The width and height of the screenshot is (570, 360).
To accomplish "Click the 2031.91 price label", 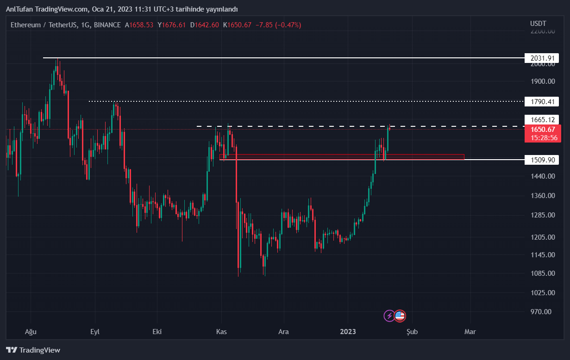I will pos(542,58).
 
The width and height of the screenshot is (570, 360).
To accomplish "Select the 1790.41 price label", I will pos(542,101).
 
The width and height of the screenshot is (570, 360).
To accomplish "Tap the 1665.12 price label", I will pos(542,119).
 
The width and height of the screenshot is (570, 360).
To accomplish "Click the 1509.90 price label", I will pos(542,160).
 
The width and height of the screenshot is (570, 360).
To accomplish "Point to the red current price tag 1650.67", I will pos(542,133).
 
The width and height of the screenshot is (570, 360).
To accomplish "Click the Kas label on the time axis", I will pos(221,332).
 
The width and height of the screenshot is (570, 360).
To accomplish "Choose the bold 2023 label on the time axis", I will pos(348,332).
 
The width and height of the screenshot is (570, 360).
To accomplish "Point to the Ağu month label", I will pos(30,332).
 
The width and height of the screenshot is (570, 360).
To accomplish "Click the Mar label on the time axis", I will pos(470,332).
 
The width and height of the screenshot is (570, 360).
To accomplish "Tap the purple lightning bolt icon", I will pos(389,316).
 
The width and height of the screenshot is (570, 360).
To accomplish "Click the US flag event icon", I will pos(400,316).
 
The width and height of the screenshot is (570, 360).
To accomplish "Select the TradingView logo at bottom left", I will pos(33,350).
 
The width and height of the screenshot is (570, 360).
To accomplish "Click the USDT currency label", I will pos(538,24).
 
